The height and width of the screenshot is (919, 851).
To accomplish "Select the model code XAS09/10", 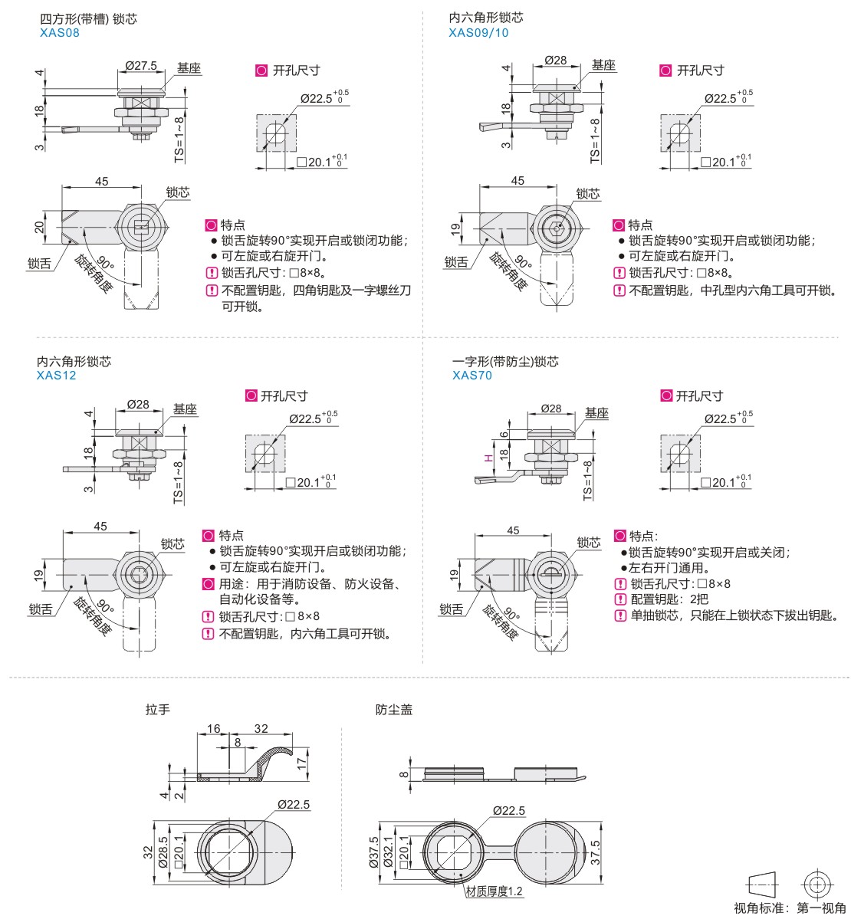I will [478, 33].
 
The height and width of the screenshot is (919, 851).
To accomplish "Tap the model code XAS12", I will [56, 376].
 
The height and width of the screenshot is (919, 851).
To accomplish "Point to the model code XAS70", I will [472, 376].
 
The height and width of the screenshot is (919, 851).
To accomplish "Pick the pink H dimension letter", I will [487, 458].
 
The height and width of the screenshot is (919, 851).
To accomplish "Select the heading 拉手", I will [158, 710].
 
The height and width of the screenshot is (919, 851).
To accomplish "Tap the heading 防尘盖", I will [394, 710].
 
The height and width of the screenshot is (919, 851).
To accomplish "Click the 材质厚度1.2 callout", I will [495, 891].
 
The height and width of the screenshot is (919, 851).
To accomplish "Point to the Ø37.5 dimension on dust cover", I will [373, 852].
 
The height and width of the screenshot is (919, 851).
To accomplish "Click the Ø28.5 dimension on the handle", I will [162, 853].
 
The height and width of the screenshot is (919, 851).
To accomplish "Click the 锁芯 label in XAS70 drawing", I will [589, 542].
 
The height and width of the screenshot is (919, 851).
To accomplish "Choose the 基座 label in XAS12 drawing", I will [185, 409].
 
